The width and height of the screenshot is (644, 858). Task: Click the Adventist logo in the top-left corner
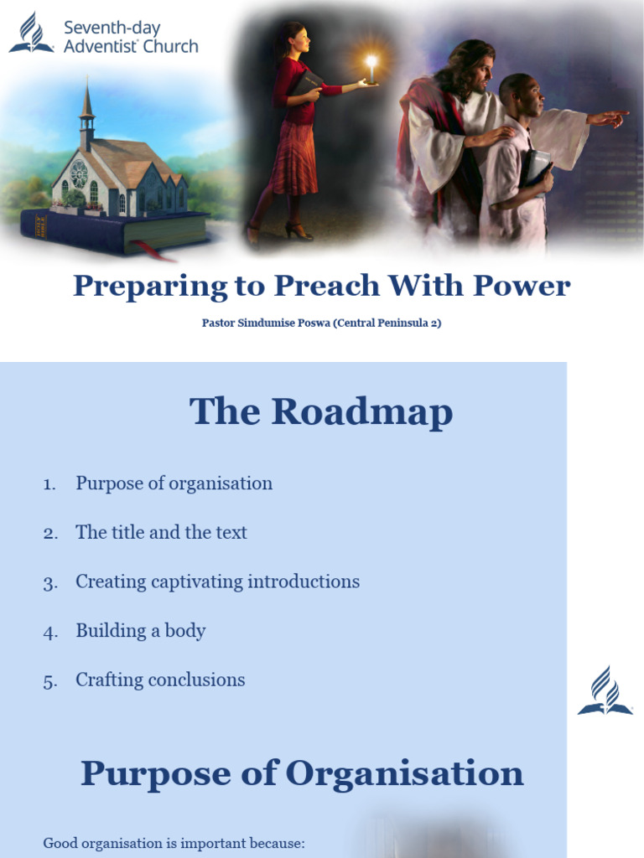31,34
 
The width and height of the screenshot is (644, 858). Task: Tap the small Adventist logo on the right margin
605,691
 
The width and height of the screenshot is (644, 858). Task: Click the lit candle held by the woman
371,69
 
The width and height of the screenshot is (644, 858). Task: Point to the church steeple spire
86,99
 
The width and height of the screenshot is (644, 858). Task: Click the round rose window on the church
80,173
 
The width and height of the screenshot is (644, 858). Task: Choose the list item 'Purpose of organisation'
174,483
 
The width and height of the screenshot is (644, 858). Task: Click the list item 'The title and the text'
161,532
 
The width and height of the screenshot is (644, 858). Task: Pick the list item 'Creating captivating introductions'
217,581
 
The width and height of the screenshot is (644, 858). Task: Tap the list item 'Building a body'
140,630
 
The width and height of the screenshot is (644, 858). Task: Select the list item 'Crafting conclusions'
160,680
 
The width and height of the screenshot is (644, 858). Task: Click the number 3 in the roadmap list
49,582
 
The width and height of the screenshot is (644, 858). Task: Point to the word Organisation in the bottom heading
404,773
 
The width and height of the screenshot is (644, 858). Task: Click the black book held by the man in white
536,168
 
